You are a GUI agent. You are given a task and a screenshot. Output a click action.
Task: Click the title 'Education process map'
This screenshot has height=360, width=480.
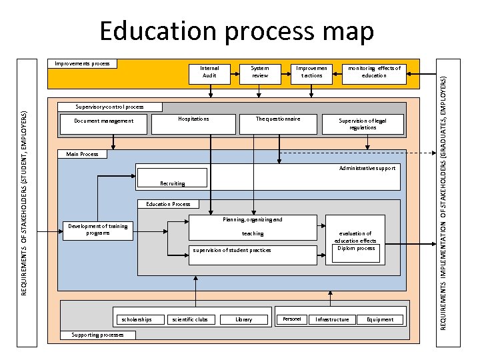click(236, 31)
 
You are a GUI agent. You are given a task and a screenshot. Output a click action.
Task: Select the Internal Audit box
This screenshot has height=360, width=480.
click(209, 71)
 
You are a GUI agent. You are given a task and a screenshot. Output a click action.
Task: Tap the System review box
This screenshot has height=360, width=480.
click(259, 71)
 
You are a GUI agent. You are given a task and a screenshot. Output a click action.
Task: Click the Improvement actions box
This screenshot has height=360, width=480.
click(308, 71)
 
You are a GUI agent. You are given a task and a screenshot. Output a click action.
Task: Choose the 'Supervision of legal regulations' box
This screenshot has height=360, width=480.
click(363, 124)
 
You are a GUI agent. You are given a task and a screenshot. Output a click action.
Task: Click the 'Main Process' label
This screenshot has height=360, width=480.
click(82, 154)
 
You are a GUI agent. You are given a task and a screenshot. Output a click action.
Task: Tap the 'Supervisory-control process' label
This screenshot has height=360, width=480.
click(109, 107)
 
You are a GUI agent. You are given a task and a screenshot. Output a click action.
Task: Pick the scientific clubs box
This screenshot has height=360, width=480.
click(190, 319)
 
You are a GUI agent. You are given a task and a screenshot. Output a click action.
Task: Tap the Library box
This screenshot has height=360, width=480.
click(244, 319)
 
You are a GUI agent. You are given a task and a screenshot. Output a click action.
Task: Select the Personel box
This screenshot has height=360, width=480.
click(292, 319)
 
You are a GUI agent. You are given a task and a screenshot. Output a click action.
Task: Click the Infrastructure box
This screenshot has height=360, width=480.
click(332, 319)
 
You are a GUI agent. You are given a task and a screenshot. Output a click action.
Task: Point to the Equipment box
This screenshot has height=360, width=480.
click(380, 319)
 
